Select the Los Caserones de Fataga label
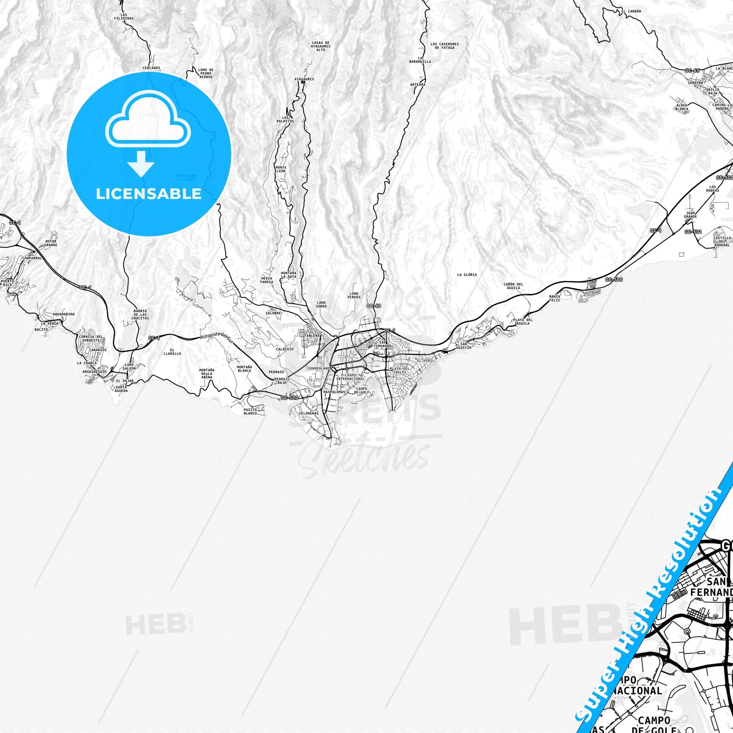(x=444, y=46)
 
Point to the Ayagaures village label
(x=304, y=79)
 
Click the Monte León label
(x=281, y=169)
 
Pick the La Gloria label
(x=467, y=275)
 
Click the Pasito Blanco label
(x=251, y=411)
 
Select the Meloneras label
(x=308, y=413)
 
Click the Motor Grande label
(x=51, y=243)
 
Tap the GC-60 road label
(x=374, y=306)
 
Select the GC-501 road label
(x=693, y=231)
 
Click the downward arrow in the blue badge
(x=141, y=164)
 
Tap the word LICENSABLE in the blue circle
(x=149, y=194)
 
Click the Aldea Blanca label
(x=682, y=106)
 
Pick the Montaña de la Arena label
(x=207, y=373)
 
